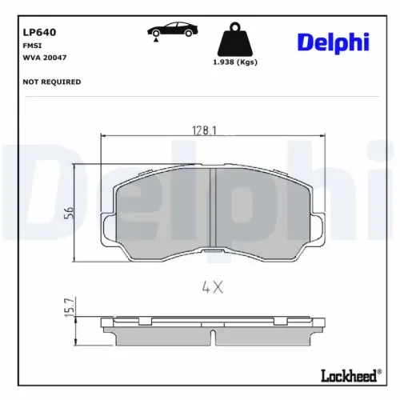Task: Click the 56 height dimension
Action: coord(68,214)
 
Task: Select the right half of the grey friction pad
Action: coord(264,212)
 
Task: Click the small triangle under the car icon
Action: coord(155,39)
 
